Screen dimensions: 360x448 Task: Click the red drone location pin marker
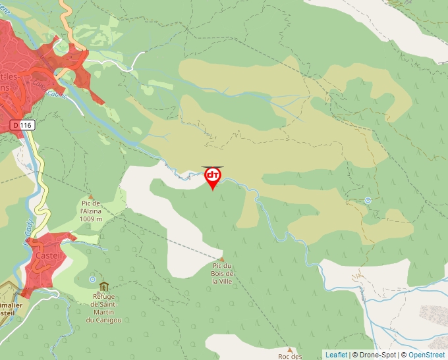[x=213, y=176]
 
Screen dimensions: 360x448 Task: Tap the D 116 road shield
[x=22, y=124]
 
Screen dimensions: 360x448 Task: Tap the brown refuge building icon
[x=103, y=286]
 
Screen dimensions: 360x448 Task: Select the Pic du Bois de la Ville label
[x=223, y=273]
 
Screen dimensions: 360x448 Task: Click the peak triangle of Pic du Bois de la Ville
[x=221, y=259]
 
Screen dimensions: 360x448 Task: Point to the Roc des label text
[x=290, y=356]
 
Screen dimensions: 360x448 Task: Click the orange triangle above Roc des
[x=289, y=349]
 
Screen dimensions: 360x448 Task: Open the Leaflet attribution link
[x=336, y=355]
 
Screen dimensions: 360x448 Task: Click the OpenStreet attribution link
[x=426, y=355]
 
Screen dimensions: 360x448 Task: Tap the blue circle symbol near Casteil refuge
[x=92, y=279]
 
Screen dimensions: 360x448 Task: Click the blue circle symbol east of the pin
[x=368, y=200]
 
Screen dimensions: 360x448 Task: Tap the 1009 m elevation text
[x=91, y=219]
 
